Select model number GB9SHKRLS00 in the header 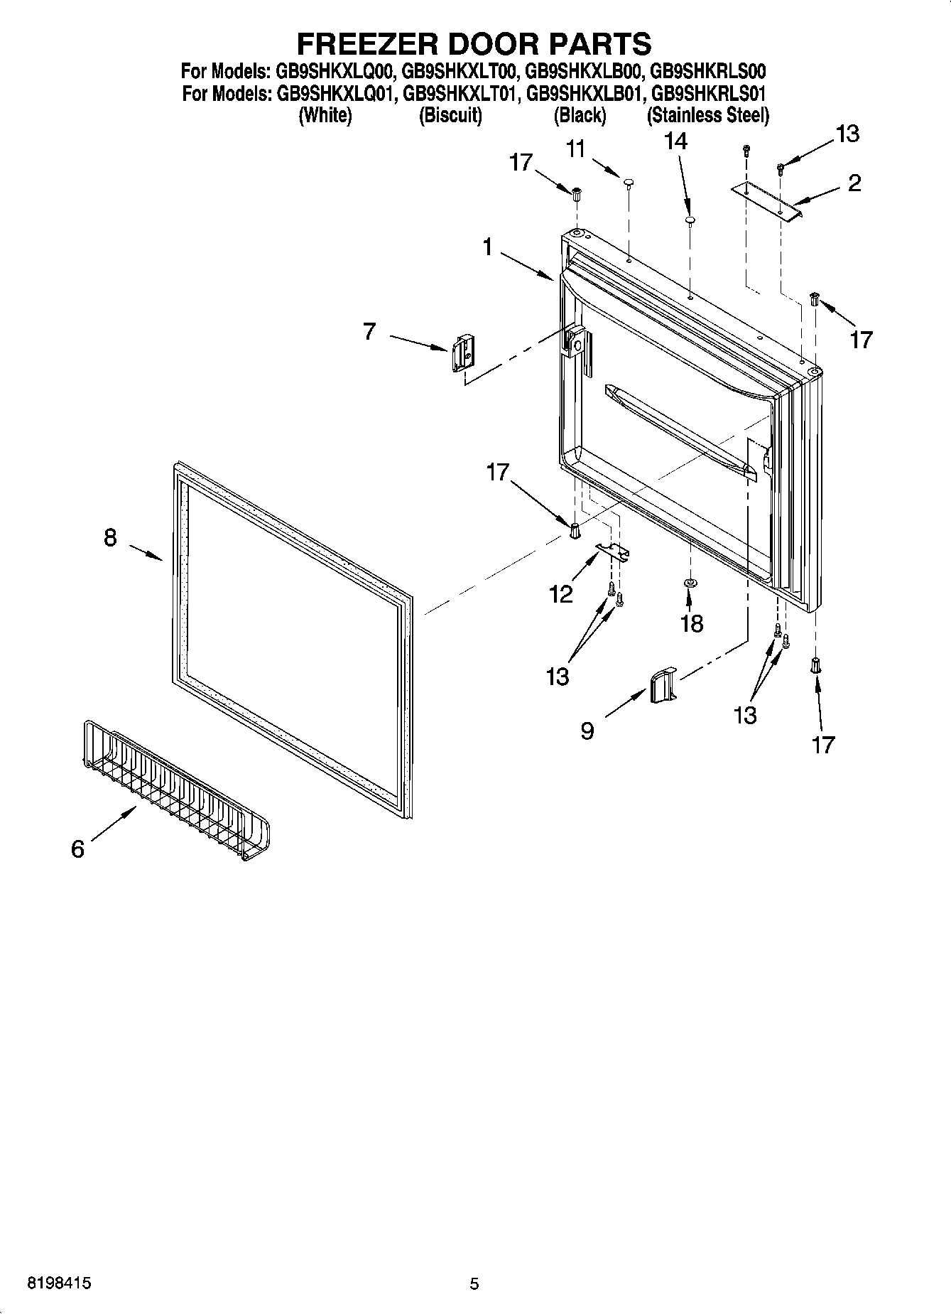pyautogui.click(x=707, y=71)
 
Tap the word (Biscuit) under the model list pyautogui.click(x=450, y=115)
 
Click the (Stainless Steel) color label pyautogui.click(x=707, y=115)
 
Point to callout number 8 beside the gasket pyautogui.click(x=110, y=537)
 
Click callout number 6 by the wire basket pyautogui.click(x=78, y=849)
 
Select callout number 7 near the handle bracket pyautogui.click(x=369, y=331)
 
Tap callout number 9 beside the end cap pyautogui.click(x=587, y=731)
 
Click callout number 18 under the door pyautogui.click(x=692, y=623)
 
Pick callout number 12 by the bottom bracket pyautogui.click(x=561, y=593)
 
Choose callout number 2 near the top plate pyautogui.click(x=854, y=183)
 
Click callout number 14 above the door pyautogui.click(x=675, y=141)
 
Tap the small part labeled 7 pyautogui.click(x=462, y=352)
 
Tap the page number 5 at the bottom pyautogui.click(x=474, y=1283)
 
